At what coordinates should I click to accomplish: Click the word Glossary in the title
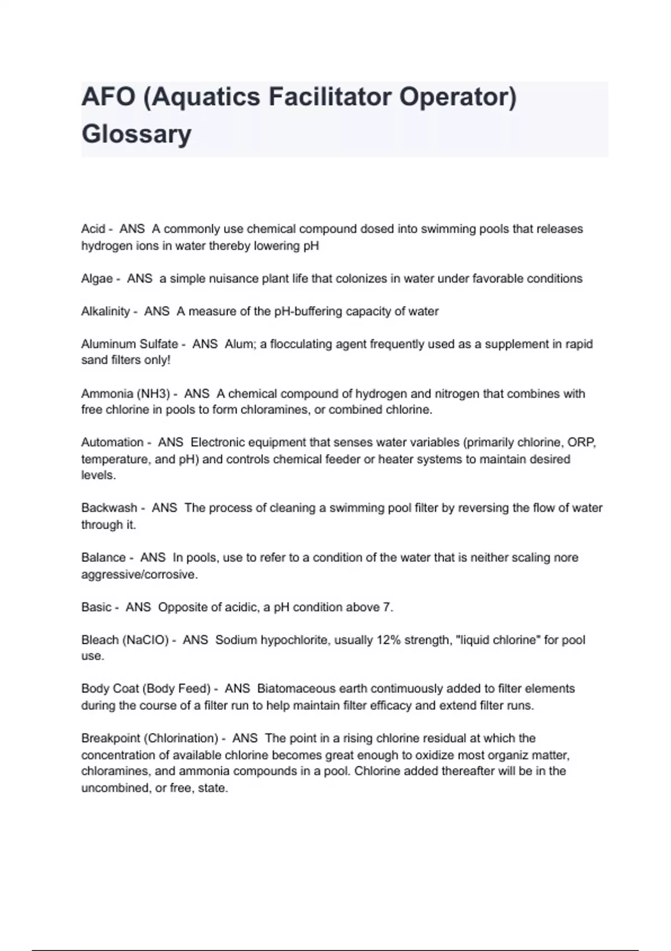tap(136, 134)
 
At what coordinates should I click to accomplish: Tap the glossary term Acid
tap(93, 229)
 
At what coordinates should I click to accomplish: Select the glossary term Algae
tap(97, 279)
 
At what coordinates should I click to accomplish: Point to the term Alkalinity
tap(105, 312)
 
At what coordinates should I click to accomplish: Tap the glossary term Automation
tap(112, 442)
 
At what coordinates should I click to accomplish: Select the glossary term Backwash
tap(109, 508)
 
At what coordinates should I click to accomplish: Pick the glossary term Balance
tap(103, 558)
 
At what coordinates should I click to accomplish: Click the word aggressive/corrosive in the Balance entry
tap(139, 575)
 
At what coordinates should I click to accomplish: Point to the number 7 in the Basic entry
tap(388, 608)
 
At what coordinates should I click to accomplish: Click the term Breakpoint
tap(110, 738)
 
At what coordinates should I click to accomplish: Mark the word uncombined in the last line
tap(115, 788)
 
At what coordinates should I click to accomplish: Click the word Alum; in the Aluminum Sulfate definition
tap(240, 344)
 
